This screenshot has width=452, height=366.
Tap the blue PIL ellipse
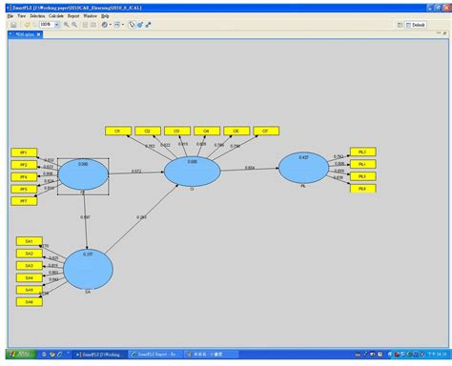point(302,167)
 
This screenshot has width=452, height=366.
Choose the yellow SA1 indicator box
point(29,241)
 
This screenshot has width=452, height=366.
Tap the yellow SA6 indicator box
point(29,302)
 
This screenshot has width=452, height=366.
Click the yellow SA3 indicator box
point(29,265)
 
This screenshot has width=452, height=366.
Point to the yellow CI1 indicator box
point(118,130)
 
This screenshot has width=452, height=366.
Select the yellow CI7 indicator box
point(265,130)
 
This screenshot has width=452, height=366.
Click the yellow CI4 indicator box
point(206,130)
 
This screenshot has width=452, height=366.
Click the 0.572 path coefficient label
point(136,172)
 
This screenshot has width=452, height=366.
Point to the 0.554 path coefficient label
point(250,168)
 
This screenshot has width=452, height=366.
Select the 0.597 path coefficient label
point(86,218)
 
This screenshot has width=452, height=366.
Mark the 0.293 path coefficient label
point(141,217)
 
